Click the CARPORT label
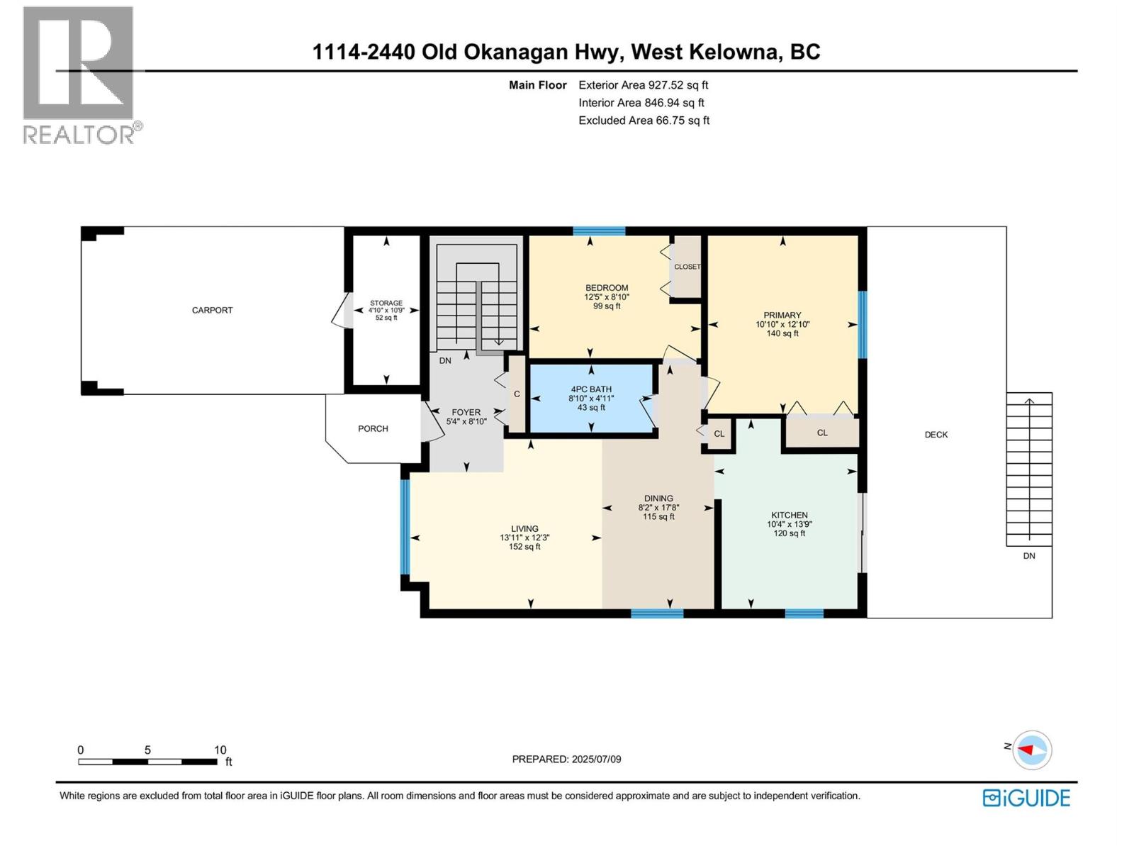[x=212, y=310]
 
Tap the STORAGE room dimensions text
[x=386, y=311]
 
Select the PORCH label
[x=373, y=428]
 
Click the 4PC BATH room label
[x=591, y=389]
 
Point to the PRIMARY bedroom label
[x=782, y=315]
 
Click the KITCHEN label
[x=790, y=515]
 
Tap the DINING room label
[x=658, y=498]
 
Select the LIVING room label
[x=524, y=528]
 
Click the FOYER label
[x=466, y=412]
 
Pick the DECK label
[x=936, y=435]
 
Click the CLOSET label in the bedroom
[x=687, y=267]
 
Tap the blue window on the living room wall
[x=405, y=527]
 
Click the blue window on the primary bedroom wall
[x=863, y=325]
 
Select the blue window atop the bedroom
[x=599, y=230]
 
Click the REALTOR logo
[x=79, y=74]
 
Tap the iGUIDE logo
[x=1026, y=798]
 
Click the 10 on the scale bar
[x=220, y=750]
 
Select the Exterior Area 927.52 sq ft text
[x=643, y=85]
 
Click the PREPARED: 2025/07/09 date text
[x=566, y=759]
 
